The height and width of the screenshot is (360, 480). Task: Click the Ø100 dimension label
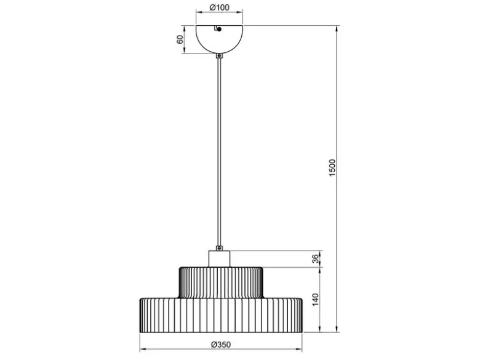pos(220,7)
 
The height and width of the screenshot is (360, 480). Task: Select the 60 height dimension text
pos(180,39)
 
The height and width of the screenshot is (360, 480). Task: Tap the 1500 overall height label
pos(332,167)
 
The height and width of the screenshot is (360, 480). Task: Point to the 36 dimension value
pos(315,259)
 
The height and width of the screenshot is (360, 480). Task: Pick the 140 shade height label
pos(315,300)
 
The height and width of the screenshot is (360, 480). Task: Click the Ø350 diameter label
pos(221,345)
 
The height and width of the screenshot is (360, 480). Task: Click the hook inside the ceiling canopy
pos(218,28)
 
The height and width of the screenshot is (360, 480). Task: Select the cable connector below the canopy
pos(219,56)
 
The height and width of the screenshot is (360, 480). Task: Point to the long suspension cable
pos(219,152)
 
